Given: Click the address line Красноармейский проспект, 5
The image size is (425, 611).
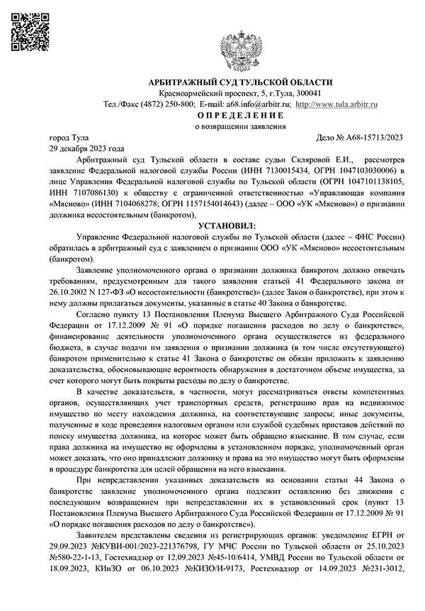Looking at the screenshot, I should pos(205,94).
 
